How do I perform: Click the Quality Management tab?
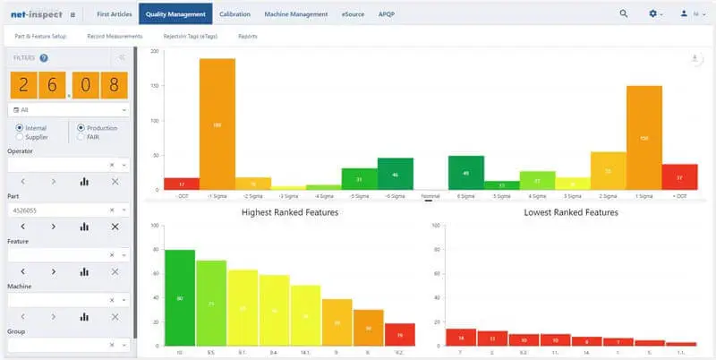point(175,13)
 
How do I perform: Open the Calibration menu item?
point(234,13)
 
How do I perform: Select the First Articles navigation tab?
point(114,13)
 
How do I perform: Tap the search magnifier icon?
point(624,13)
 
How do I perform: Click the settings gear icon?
point(653,13)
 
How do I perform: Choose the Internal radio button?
point(20,128)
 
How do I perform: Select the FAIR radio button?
point(81,137)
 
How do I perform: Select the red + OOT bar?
point(679,176)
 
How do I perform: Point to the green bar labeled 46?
point(396,174)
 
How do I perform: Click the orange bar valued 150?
point(644,138)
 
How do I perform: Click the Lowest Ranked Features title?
point(571,212)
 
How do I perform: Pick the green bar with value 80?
point(180,297)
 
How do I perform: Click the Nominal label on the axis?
point(430,194)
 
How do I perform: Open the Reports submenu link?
point(248,36)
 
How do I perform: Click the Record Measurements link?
point(115,36)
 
